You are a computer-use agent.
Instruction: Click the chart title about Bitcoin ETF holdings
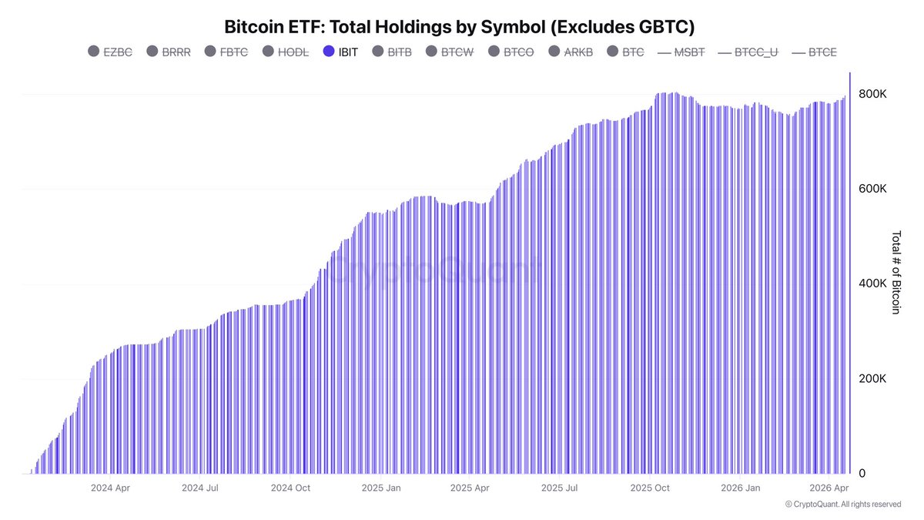point(460,27)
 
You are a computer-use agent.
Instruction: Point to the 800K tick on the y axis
point(873,94)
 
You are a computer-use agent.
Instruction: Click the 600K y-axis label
point(873,189)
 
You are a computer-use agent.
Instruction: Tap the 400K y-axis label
point(873,283)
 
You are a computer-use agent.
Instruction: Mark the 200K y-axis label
point(873,379)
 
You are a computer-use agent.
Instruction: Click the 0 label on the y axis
point(862,474)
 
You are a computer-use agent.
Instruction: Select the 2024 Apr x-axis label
point(110,488)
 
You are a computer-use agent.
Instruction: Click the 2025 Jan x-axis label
point(381,488)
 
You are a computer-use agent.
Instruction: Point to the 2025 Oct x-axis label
point(650,488)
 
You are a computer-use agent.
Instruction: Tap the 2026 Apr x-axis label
point(829,488)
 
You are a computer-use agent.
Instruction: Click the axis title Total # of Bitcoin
point(896,272)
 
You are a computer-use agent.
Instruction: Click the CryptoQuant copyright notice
point(843,505)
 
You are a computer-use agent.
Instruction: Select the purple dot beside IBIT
point(329,52)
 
